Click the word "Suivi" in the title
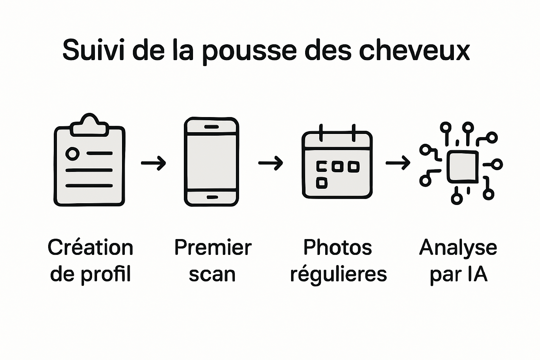pos(93,50)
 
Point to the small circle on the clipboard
pos(72,154)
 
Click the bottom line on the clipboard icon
pos(89,186)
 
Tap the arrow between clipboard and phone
pos(153,163)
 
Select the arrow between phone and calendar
pos(270,163)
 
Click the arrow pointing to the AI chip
pos(398,163)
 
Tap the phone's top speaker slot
pos(211,127)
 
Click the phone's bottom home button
pos(212,197)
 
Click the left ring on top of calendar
pos(321,133)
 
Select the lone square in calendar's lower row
pos(322,183)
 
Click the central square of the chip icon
pos(463,167)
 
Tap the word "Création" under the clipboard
pos(90,247)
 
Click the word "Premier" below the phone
pos(213,247)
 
